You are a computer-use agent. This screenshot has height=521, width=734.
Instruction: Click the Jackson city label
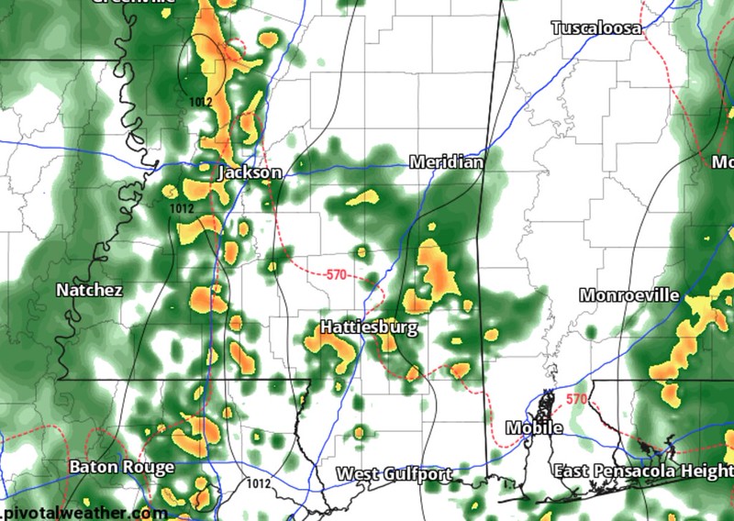[x=250, y=172]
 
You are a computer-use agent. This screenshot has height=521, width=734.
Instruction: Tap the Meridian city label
[x=446, y=161]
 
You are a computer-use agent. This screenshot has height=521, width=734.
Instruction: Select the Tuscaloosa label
[x=596, y=28]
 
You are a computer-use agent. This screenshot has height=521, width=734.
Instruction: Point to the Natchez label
[x=89, y=290]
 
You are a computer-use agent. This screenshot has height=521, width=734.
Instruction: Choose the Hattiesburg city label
[x=369, y=327]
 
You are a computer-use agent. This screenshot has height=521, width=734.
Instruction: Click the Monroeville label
[x=629, y=295]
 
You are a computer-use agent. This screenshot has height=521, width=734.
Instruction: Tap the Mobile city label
[x=534, y=428]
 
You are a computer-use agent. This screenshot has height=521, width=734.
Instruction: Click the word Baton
[x=93, y=467]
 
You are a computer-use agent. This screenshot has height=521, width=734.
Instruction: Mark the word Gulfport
[x=417, y=474]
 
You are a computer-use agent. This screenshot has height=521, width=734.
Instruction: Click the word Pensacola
[x=637, y=471]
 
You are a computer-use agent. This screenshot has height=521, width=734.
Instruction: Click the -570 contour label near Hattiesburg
[x=336, y=274]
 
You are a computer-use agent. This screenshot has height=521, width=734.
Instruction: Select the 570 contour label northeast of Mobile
[x=575, y=399]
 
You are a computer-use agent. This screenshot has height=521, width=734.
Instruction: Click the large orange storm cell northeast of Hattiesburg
[x=435, y=270]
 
